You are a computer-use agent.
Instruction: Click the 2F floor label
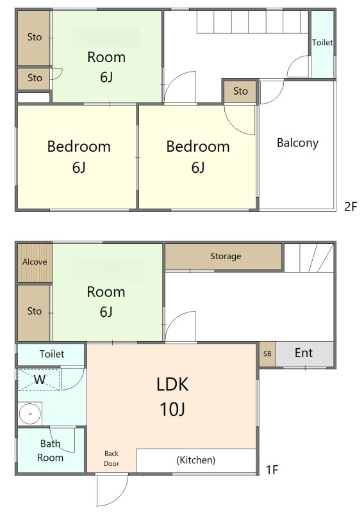pos(351,206)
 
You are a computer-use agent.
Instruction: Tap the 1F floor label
pos(272,470)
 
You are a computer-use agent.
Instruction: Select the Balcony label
pos(297,143)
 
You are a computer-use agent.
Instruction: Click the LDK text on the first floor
pos(172,385)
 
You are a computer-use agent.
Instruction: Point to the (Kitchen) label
pos(196,460)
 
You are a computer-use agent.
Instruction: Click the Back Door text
pos(112,458)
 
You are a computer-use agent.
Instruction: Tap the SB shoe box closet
pos(267,354)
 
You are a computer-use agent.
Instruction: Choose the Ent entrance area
pos(304,354)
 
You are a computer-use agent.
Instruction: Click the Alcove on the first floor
pos(35,263)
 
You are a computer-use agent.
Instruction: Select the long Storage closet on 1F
pos(224,257)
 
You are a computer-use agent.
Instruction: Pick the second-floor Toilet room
pos(322,44)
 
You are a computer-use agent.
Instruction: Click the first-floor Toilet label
pos(52,354)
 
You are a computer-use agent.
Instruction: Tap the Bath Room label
pos(50,451)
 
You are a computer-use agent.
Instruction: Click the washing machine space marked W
pos(39,380)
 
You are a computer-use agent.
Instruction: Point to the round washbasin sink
pos(30,413)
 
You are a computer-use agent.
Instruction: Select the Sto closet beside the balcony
pos(240,91)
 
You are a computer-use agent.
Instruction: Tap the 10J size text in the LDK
pos(172,409)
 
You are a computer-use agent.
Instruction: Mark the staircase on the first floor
pos(309,258)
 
